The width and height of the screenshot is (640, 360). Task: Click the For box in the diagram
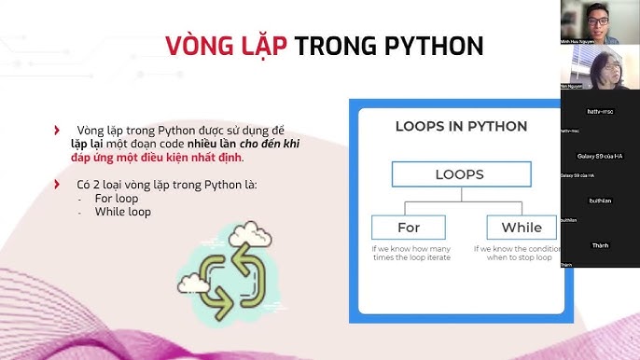pos(409,228)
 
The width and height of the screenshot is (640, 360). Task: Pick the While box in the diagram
pos(521,228)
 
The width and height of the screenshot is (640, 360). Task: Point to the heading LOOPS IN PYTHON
pos(461,126)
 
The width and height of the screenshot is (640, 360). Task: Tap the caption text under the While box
pos(516,255)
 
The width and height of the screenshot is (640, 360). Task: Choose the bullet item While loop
pos(122,212)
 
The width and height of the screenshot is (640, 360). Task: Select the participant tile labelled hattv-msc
pos(600,111)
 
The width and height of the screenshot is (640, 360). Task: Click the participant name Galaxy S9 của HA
pos(600,156)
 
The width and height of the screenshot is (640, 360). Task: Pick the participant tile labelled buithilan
pos(600,201)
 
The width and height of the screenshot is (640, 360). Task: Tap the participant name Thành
pos(600,245)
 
